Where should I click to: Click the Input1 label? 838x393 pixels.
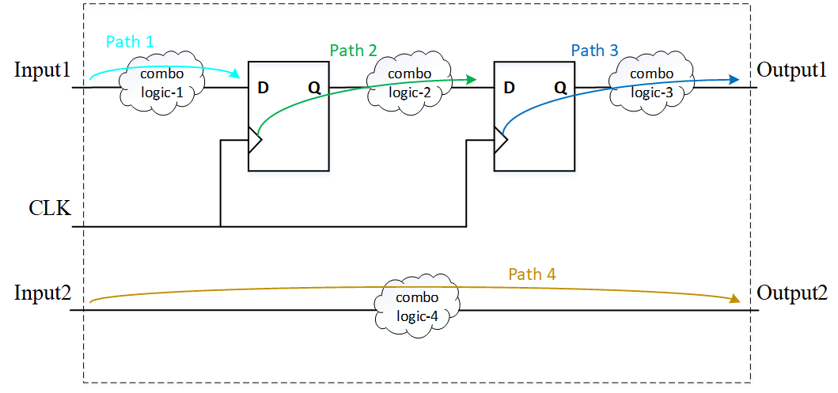coord(43,70)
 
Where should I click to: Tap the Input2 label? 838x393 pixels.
coord(43,293)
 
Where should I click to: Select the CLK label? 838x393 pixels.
coord(50,210)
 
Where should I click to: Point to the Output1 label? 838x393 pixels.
coord(792,70)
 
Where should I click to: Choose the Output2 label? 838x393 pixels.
coord(792,293)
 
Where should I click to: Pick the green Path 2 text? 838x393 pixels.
coord(353,51)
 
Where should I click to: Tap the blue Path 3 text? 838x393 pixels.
coord(594,51)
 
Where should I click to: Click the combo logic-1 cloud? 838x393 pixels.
coord(161,82)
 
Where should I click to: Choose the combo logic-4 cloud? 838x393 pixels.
coord(417,307)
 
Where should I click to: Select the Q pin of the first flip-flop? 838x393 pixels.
coord(314,88)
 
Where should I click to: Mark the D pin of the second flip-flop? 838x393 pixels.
coord(509,87)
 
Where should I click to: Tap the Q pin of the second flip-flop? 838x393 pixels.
coord(560,88)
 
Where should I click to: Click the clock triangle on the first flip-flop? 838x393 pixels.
coord(254,140)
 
